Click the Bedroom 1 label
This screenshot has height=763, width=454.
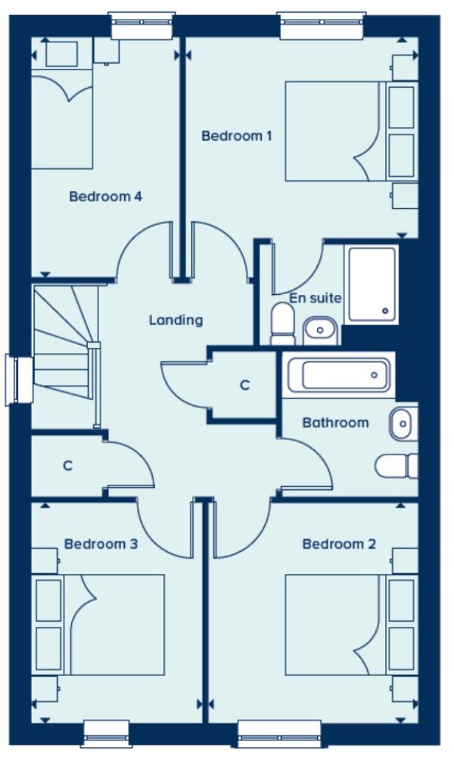pyautogui.click(x=236, y=135)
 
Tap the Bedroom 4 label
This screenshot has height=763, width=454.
pyautogui.click(x=106, y=197)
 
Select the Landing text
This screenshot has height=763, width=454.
pyautogui.click(x=176, y=320)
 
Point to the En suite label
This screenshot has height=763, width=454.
pyautogui.click(x=316, y=298)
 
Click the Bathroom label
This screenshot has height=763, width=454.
pyautogui.click(x=336, y=423)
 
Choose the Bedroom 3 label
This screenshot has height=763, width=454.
pyautogui.click(x=101, y=544)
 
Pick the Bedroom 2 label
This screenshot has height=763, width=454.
pyautogui.click(x=339, y=544)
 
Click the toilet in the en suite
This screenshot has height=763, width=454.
pyautogui.click(x=282, y=324)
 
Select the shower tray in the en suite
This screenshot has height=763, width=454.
pyautogui.click(x=372, y=284)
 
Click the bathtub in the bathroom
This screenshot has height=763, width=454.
pyautogui.click(x=339, y=375)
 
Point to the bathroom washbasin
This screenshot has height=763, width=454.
pyautogui.click(x=403, y=423)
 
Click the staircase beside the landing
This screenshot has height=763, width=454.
pyautogui.click(x=66, y=343)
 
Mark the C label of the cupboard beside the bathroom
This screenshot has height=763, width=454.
pyautogui.click(x=245, y=386)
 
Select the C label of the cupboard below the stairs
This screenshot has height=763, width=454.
pyautogui.click(x=67, y=466)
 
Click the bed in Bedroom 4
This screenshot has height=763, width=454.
pyautogui.click(x=62, y=119)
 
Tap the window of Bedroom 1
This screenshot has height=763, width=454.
pyautogui.click(x=322, y=26)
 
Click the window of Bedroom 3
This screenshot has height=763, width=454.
pyautogui.click(x=107, y=734)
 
